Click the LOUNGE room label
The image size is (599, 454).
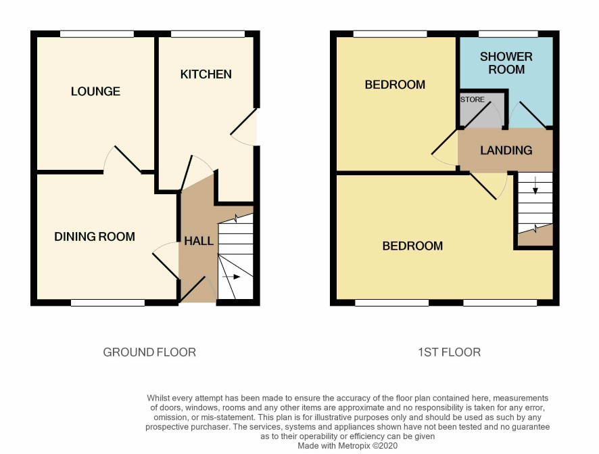click(95, 91)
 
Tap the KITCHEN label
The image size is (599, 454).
click(206, 74)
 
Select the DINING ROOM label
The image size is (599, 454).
click(95, 237)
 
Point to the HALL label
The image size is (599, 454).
click(199, 241)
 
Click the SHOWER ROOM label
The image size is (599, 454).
click(506, 63)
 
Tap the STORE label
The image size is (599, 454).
click(473, 99)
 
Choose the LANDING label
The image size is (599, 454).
click(506, 150)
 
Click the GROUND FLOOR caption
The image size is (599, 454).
click(149, 352)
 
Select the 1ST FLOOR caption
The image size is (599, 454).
click(449, 352)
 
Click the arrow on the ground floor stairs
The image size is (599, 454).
click(231, 277)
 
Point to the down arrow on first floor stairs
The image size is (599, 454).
click(535, 185)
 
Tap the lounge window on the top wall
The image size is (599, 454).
click(97, 34)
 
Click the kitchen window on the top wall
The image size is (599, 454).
click(208, 34)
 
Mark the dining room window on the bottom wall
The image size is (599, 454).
click(107, 302)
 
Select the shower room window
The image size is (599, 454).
click(508, 34)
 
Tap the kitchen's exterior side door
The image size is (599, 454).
click(244, 127)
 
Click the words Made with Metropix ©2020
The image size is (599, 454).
click(348, 446)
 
